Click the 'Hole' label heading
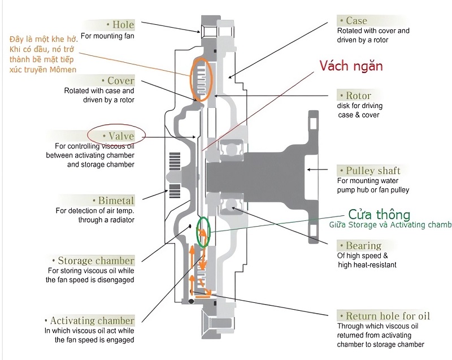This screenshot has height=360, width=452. click(120, 24)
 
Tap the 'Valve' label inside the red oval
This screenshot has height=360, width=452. click(118, 136)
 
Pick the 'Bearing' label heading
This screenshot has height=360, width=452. click(363, 246)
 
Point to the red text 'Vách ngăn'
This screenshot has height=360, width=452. click(351, 66)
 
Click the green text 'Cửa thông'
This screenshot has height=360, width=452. click(379, 215)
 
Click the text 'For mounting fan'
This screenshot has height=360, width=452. click(107, 36)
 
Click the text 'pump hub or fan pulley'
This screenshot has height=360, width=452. click(372, 190)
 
